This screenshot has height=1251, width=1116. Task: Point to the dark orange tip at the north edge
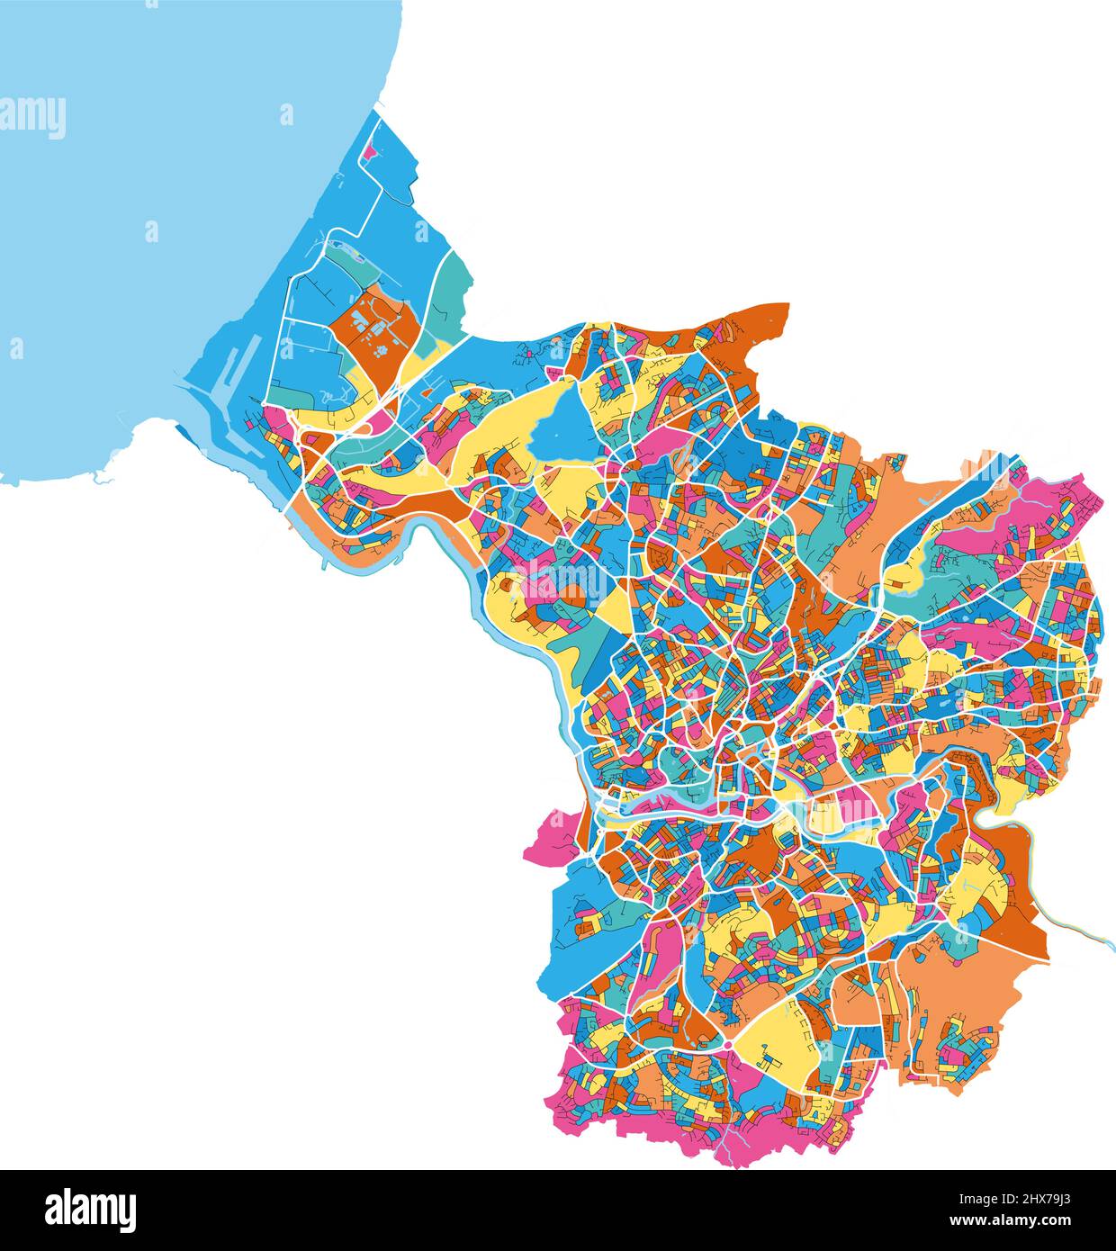pyautogui.click(x=765, y=319)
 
